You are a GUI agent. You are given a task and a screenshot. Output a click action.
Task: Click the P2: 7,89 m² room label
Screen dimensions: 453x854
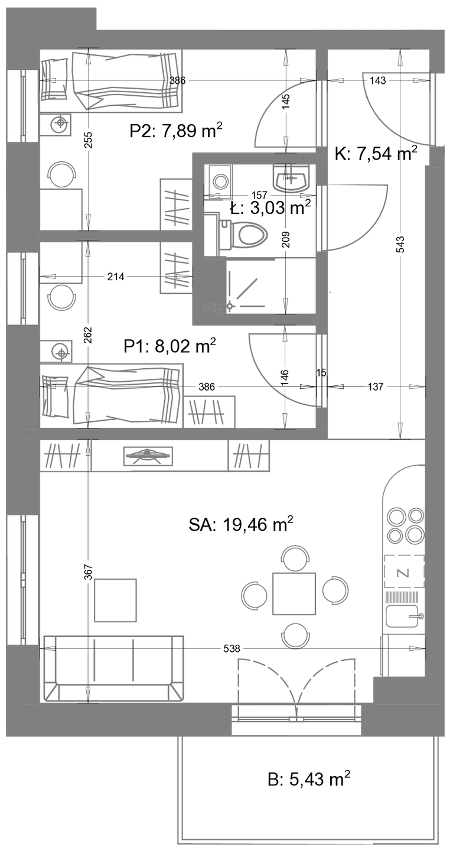tap(176, 131)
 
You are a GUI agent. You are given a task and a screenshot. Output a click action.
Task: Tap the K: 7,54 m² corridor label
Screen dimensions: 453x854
tap(376, 154)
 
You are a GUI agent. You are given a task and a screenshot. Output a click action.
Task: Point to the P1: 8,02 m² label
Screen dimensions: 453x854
tap(170, 346)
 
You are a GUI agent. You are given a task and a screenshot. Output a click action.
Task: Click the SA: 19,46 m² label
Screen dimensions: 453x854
tap(241, 525)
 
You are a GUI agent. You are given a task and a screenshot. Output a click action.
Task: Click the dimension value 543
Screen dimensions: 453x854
tap(400, 245)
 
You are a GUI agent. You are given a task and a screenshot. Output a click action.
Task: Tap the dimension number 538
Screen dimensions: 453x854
tap(232, 648)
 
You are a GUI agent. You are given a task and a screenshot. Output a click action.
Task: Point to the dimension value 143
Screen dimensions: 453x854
tap(377, 80)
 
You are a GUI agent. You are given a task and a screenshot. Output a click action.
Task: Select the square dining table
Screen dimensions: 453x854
tap(294, 593)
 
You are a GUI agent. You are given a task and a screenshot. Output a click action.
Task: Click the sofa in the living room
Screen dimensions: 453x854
tap(114, 668)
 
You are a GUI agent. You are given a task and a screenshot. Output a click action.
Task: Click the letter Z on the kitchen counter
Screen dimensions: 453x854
tap(404, 573)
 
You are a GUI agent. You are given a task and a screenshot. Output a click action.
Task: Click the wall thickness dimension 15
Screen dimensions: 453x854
tap(321, 372)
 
